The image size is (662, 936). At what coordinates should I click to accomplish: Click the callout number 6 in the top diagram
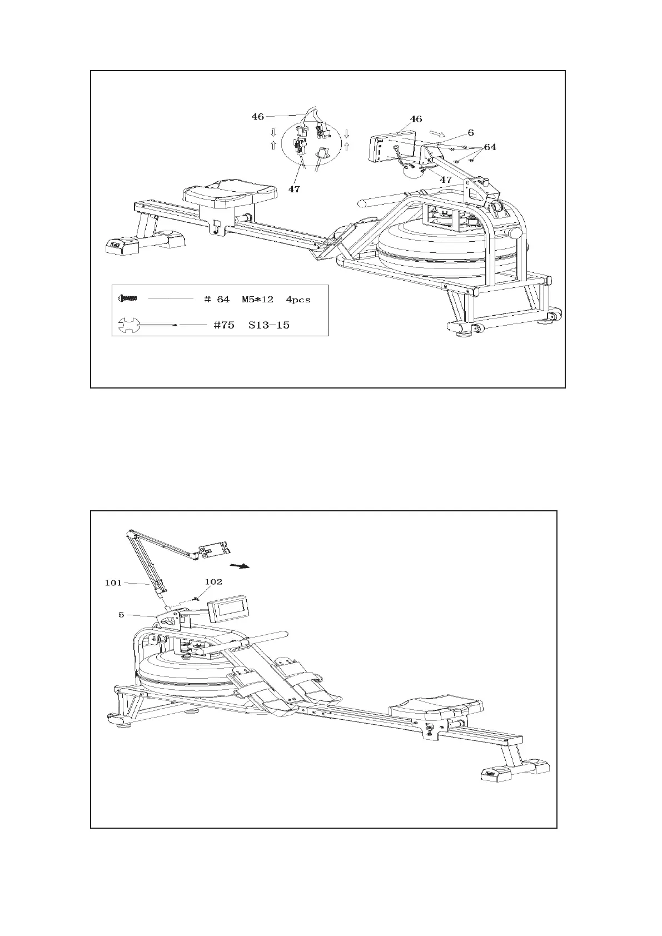[470, 133]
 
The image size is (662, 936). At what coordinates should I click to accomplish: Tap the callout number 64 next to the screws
[490, 147]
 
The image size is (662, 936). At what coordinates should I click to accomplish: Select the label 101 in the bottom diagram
[113, 583]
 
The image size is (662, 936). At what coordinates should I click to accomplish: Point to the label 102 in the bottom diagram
[213, 582]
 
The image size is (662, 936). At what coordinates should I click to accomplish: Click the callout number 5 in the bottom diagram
[121, 615]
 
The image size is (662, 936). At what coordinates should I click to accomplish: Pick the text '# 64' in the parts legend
[217, 300]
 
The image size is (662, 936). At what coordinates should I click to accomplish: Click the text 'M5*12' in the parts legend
[257, 300]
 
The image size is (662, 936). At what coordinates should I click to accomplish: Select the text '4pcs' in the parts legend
[298, 300]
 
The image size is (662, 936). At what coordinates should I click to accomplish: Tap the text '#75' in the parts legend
[224, 325]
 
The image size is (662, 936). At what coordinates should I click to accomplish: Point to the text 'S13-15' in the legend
[269, 325]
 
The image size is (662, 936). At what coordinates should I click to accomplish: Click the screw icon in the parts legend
[127, 298]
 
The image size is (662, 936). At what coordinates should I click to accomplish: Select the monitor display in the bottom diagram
[229, 608]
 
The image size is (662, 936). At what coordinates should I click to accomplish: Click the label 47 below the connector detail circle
[294, 190]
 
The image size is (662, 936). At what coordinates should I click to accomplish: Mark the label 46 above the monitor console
[415, 119]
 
